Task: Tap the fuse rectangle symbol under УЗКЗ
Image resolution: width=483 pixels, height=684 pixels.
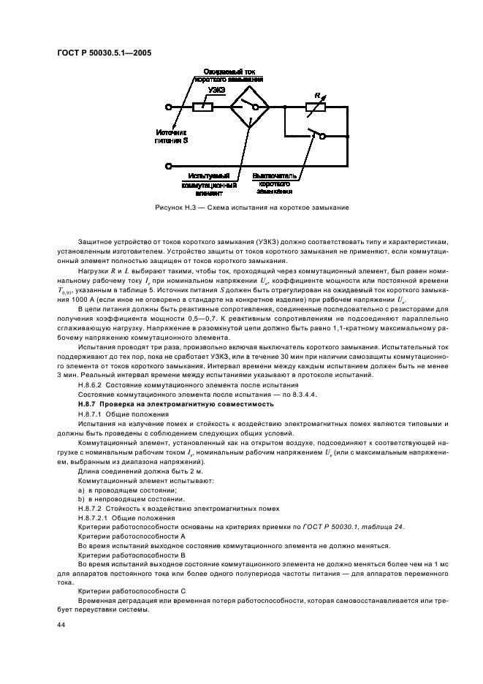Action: tap(202, 107)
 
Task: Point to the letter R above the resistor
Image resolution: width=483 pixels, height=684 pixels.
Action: tap(317, 94)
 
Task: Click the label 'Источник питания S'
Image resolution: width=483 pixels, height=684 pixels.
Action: tap(172, 136)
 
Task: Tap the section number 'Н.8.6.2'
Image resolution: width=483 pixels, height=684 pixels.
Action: tap(92, 384)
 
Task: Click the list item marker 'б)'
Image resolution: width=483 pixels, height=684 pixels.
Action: tap(82, 499)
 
